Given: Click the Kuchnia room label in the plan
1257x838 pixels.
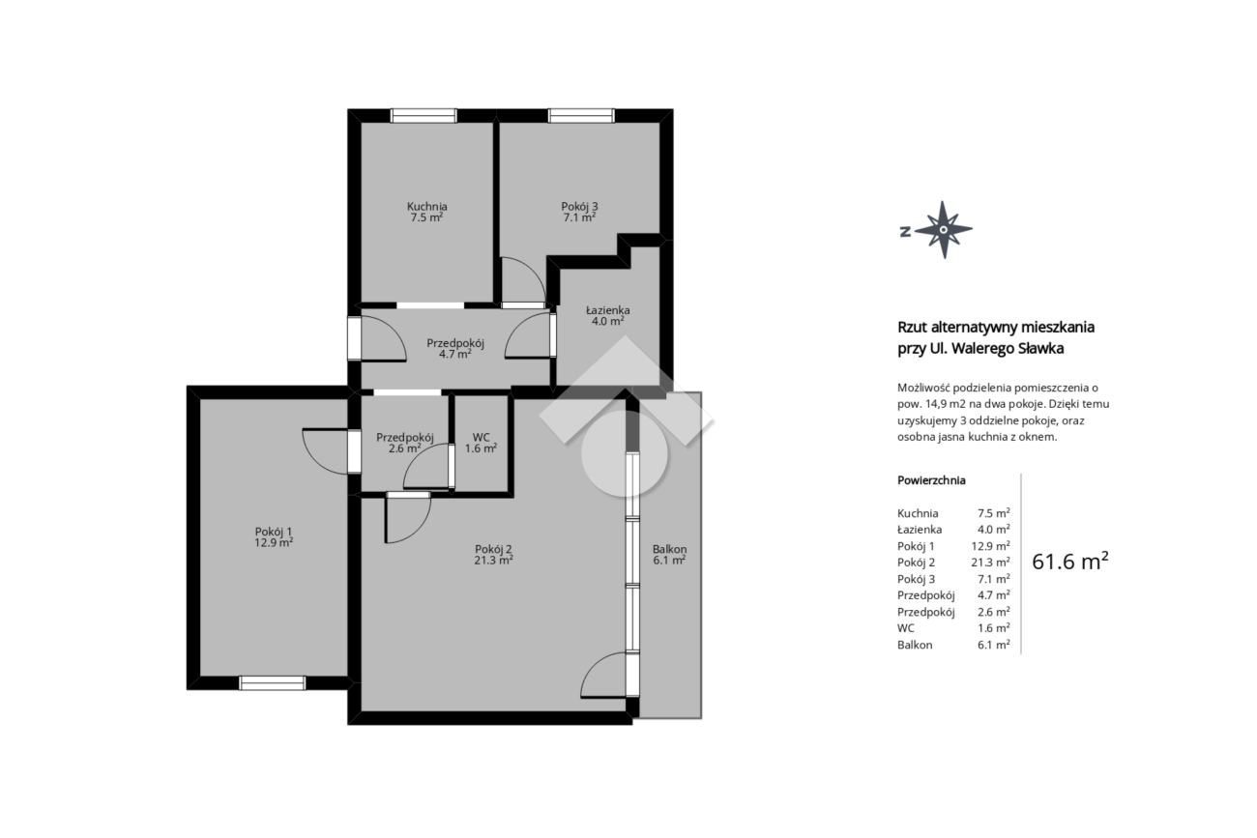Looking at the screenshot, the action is (x=427, y=212).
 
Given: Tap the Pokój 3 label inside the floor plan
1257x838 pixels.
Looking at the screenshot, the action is (x=580, y=212).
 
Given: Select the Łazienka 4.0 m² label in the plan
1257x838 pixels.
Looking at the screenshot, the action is (x=608, y=316).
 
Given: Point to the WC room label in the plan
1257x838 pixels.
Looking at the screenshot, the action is (x=481, y=443).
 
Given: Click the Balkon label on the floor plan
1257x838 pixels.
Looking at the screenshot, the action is (x=669, y=555).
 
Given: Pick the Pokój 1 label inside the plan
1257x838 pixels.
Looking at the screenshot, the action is (x=274, y=536).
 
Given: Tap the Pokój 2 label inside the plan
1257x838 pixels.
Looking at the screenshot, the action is (x=493, y=554).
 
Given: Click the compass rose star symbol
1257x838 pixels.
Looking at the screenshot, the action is (x=944, y=229).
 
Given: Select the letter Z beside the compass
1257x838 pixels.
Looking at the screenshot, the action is (x=905, y=231).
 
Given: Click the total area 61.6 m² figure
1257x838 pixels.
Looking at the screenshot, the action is (x=1070, y=561).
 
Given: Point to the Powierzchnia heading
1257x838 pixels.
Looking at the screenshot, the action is (x=931, y=480).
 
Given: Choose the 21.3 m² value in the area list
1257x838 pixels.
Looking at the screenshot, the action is (x=990, y=562).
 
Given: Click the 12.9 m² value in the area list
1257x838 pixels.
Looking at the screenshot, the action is (x=990, y=546).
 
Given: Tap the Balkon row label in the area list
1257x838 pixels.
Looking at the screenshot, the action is (x=915, y=645).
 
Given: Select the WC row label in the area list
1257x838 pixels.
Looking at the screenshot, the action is (x=906, y=628).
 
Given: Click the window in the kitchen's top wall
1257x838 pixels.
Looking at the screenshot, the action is (x=424, y=116).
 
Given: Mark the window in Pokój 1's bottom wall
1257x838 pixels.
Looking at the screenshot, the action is (x=272, y=682).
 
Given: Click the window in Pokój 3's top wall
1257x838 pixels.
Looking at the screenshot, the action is (x=581, y=116).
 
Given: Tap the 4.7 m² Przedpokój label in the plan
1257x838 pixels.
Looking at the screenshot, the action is (x=455, y=348).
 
